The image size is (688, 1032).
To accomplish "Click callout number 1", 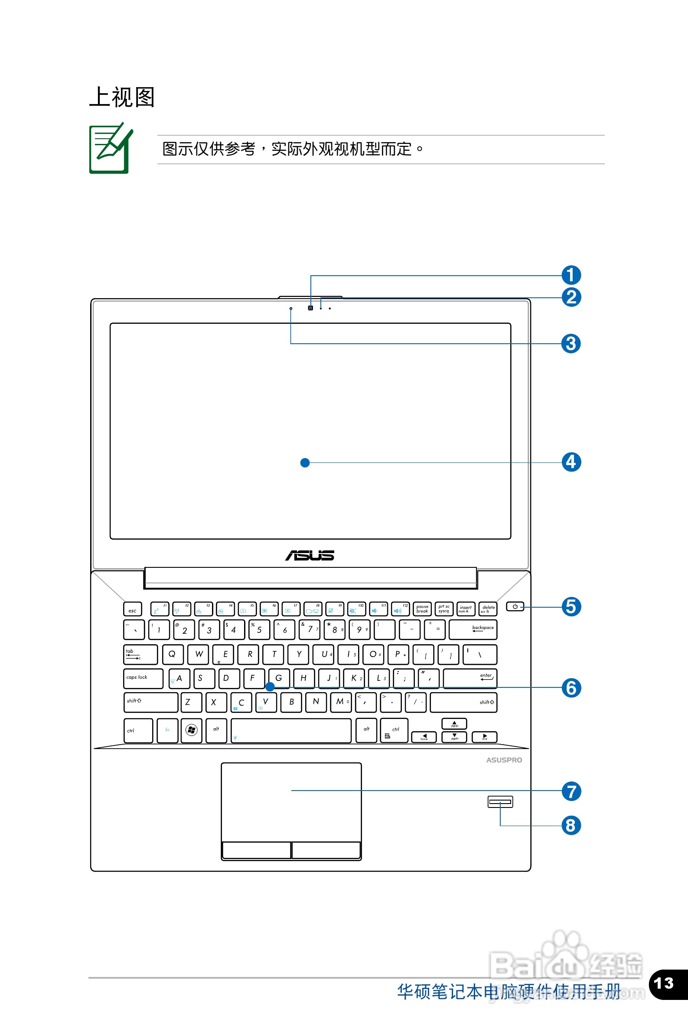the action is coord(571,275).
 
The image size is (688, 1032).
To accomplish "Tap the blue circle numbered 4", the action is coord(571,462).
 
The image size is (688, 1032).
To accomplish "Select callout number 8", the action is coord(571,825).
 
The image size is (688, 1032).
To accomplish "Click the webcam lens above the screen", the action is coord(311,308).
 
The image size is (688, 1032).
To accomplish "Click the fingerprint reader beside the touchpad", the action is coord(500,802).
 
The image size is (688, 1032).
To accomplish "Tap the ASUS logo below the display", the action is coord(310,555).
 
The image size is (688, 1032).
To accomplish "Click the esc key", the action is coord(133,609).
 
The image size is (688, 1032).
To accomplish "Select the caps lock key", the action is coord(143,678).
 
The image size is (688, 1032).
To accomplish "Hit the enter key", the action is coord(470,678).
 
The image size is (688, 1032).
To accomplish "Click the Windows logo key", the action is coord(191,730).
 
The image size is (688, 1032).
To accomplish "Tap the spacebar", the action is coord(291,730).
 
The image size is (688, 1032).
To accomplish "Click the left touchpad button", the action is coord(256,850).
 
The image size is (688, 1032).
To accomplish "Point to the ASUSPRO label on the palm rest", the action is coord(504,760).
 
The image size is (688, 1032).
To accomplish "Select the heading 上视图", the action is coord(122,97).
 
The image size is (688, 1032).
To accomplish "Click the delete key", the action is coord(488,609).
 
